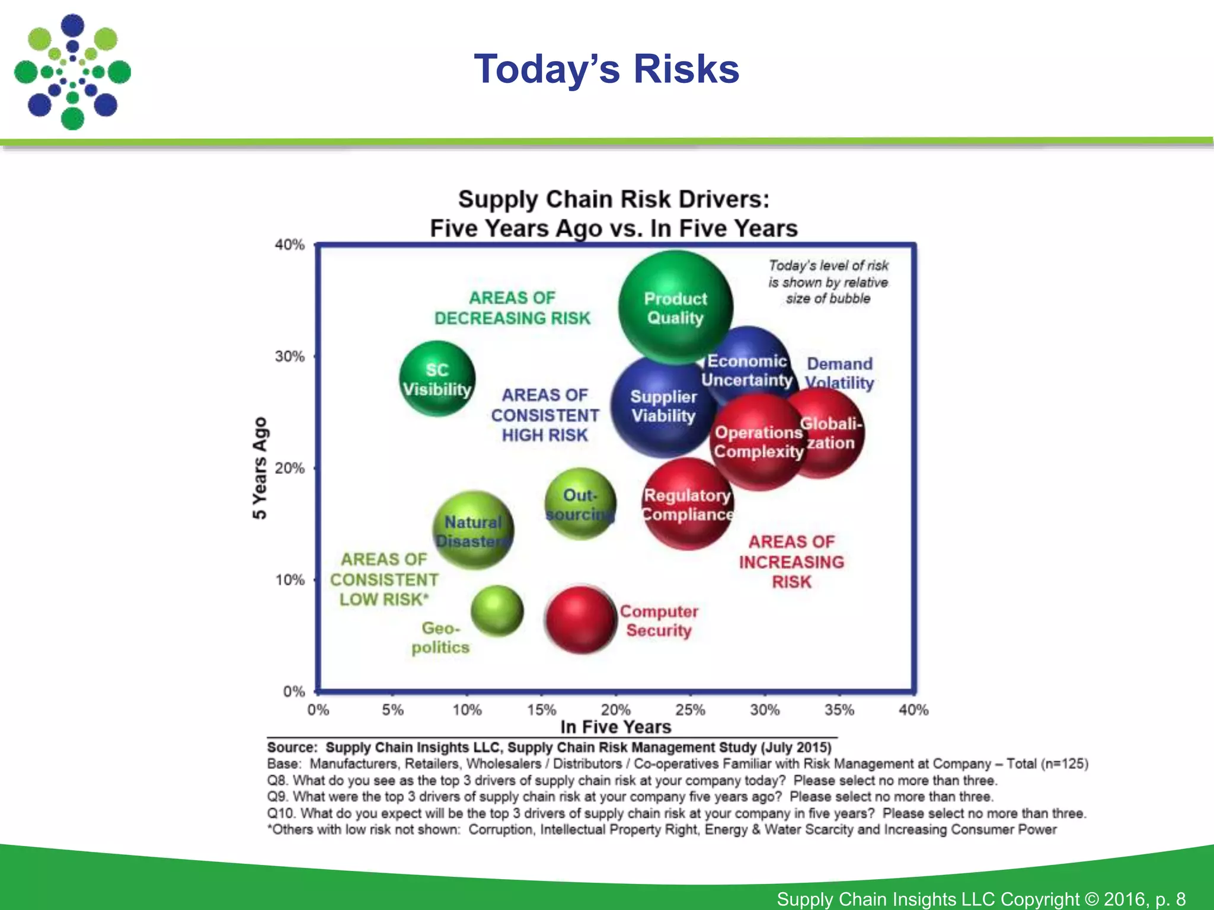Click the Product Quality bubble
pos(675,307)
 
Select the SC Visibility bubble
pos(437,379)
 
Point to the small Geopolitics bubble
pos(497,611)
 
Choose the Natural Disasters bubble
pos(473,531)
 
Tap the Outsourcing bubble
pos(580,504)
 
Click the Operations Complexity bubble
pos(757,442)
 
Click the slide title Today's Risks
pos(606,69)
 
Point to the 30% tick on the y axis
pos(289,357)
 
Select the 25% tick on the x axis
pos(690,710)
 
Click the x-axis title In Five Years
pos(615,727)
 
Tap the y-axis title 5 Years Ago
pos(260,468)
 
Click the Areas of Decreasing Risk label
pos(512,308)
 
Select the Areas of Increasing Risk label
pos(791,562)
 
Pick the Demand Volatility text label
pos(839,373)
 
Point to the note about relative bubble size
pos(828,282)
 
